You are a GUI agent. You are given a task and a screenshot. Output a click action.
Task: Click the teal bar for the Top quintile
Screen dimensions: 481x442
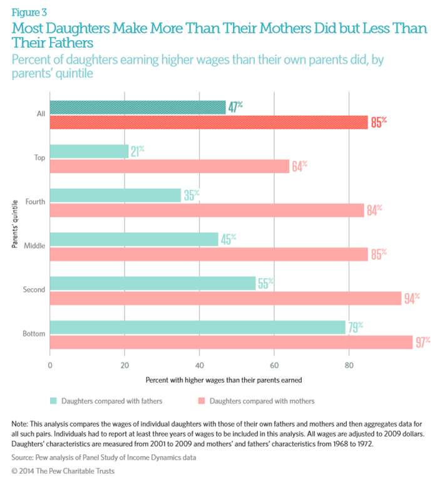tap(89, 151)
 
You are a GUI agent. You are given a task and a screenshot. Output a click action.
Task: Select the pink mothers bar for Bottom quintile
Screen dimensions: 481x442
tap(231, 342)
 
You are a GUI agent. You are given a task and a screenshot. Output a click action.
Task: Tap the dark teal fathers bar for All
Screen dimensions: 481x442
tap(137, 107)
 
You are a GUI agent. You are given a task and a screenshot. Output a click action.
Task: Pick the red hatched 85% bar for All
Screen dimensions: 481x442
tap(208, 123)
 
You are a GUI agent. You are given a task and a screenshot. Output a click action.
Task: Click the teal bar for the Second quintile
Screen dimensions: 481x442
tap(152, 283)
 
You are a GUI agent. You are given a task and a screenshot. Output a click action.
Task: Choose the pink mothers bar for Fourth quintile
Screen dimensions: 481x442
tap(207, 210)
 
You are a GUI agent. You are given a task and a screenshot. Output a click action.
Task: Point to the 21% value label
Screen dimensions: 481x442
tap(137, 151)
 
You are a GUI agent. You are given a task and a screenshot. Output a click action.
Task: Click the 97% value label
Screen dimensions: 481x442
tap(423, 341)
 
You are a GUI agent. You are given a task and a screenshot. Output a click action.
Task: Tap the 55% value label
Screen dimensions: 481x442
tap(265, 283)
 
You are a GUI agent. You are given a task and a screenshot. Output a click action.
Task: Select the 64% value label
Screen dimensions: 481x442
tap(299, 167)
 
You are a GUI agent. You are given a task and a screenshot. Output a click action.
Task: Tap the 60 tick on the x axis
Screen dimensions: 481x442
tap(274, 363)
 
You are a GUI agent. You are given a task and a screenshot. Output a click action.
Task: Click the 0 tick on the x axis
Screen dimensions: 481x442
tap(50, 363)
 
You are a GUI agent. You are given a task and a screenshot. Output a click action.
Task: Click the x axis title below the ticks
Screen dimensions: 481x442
tap(224, 380)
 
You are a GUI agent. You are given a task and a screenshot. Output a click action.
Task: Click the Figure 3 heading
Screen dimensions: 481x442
tap(29, 11)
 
